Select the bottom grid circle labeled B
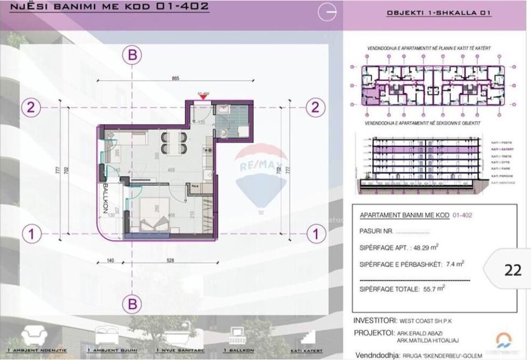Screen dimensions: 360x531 tap(133, 302)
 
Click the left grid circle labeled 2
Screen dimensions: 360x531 tap(32, 107)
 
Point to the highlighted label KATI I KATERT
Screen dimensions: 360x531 tap(501, 148)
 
